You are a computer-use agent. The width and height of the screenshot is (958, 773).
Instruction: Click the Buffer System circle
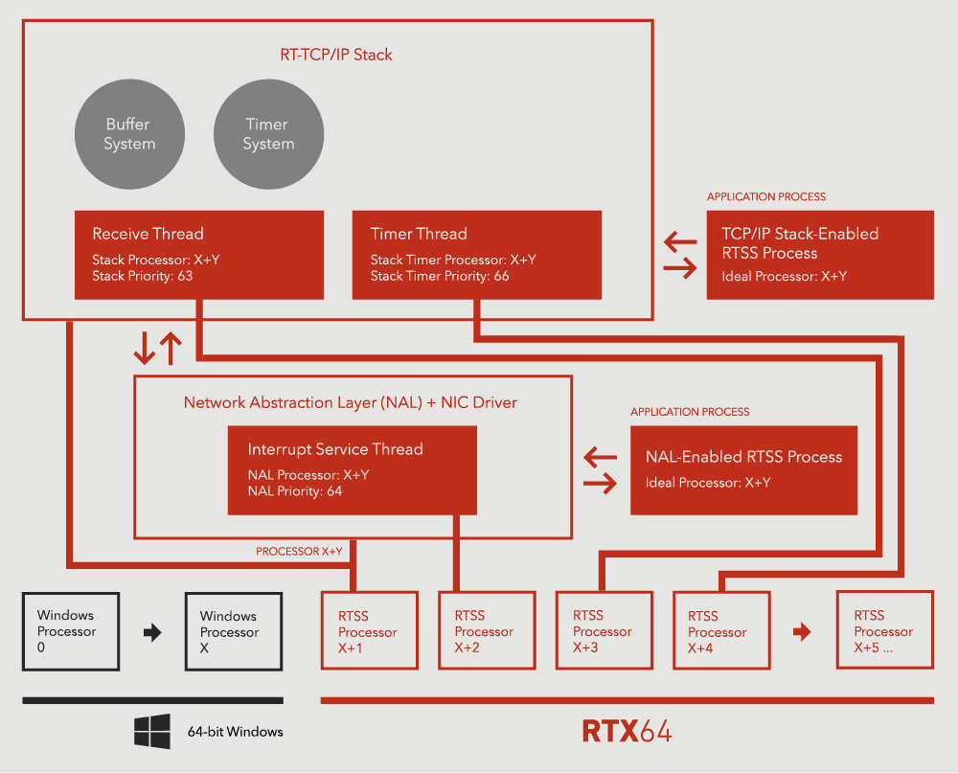(x=129, y=134)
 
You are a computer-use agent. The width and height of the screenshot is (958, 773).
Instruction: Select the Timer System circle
(x=267, y=134)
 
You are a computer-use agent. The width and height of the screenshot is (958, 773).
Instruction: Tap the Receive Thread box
(x=199, y=255)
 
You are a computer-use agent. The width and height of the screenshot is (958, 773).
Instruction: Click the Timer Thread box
(x=476, y=255)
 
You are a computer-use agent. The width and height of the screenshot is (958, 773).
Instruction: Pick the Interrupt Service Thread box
(x=352, y=470)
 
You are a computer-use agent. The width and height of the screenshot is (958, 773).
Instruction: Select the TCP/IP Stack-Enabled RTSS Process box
(x=820, y=255)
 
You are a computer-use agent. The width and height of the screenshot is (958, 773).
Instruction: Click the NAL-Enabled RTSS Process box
(x=743, y=470)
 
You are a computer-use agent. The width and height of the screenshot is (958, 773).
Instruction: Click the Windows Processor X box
(x=233, y=631)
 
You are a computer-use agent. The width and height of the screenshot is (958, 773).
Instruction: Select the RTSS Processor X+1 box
(x=369, y=630)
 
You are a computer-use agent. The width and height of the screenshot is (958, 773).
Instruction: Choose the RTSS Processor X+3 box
(x=604, y=630)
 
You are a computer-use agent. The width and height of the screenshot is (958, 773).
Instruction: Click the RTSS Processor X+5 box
(x=884, y=630)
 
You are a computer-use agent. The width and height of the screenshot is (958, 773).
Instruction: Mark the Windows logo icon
(x=152, y=731)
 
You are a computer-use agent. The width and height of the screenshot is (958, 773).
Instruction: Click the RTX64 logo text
(x=627, y=731)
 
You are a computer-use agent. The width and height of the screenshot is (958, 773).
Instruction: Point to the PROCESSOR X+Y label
(x=299, y=552)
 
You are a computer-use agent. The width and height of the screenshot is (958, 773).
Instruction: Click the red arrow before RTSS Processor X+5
(x=803, y=632)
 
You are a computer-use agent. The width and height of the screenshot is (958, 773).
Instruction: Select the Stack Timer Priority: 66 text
(x=440, y=276)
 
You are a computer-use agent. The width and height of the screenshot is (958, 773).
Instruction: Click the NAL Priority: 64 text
(x=295, y=491)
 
